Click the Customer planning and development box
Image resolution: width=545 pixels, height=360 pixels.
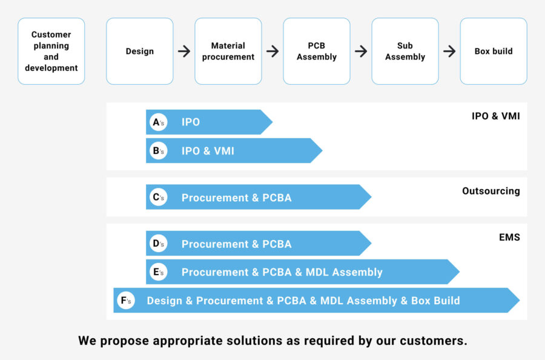51,52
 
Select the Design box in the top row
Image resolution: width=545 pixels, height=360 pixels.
140,52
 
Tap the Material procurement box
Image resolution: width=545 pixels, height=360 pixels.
228,52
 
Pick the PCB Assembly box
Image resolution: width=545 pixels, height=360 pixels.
317,52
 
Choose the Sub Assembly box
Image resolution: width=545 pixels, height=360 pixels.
405,52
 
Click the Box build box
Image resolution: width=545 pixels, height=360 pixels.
494,52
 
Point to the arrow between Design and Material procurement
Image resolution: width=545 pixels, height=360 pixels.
184,52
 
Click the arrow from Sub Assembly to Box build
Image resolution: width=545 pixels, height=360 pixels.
449,52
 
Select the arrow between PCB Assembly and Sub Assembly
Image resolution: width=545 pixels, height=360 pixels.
361,52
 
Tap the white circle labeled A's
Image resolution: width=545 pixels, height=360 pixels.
158,122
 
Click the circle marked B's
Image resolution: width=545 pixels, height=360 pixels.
158,151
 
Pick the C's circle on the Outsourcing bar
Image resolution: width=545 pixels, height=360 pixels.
158,197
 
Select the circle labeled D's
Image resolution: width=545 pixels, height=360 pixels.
158,244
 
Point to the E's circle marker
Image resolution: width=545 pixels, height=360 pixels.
158,272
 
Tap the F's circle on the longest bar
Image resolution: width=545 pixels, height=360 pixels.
126,301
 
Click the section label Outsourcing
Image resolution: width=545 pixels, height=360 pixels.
490,191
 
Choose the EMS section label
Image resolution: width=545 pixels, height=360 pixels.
509,238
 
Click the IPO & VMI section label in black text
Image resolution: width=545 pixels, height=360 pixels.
495,116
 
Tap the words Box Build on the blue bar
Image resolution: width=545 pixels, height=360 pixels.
435,301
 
